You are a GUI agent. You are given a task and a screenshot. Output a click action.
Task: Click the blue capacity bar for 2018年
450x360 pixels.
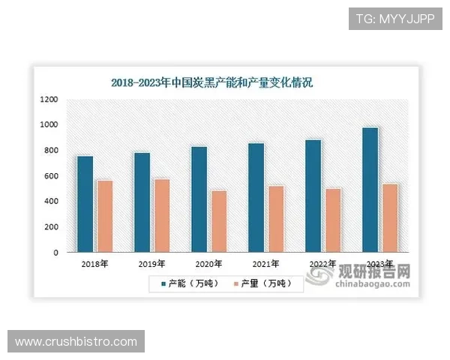pyautogui.click(x=85, y=204)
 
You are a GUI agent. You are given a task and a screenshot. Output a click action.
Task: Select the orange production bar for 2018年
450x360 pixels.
pyautogui.click(x=105, y=217)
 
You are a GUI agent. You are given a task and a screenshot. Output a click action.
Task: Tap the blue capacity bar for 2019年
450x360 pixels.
pyautogui.click(x=142, y=202)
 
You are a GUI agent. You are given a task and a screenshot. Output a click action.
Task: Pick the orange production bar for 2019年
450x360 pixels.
pyautogui.click(x=162, y=216)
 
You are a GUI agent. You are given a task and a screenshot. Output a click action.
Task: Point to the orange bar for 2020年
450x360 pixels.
pyautogui.click(x=219, y=222)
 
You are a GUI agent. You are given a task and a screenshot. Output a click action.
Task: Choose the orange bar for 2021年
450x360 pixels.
pyautogui.click(x=276, y=220)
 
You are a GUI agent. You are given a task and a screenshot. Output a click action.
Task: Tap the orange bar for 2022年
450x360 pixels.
pyautogui.click(x=333, y=220)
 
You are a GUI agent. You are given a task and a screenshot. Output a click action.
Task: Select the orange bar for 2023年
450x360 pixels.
pyautogui.click(x=390, y=218)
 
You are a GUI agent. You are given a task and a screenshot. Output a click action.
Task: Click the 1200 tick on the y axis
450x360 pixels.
pyautogui.click(x=49, y=99)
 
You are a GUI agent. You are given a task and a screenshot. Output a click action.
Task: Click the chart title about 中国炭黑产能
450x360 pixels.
pyautogui.click(x=211, y=82)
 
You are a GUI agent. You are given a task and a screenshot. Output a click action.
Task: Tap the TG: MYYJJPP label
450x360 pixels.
pyautogui.click(x=395, y=18)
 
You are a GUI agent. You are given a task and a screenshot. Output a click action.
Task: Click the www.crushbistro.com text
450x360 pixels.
pyautogui.click(x=76, y=342)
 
